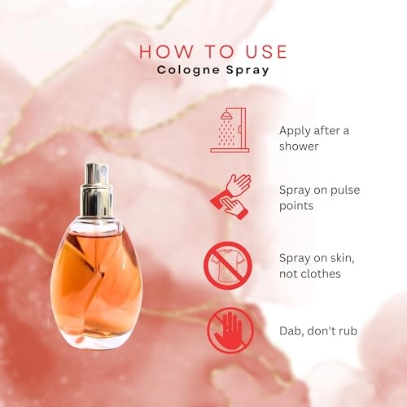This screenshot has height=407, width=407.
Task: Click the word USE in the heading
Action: [266, 51]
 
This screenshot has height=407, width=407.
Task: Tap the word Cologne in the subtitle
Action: [188, 71]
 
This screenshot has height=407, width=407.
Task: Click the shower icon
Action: [230, 130]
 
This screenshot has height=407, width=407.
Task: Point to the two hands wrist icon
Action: [231, 197]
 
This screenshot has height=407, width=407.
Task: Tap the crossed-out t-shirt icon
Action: [228, 265]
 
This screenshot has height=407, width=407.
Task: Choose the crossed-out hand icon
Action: [230, 330]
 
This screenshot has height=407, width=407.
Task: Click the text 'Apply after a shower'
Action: [314, 138]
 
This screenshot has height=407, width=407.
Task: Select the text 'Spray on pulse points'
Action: [319, 198]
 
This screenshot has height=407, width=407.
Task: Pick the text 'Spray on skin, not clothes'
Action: [317, 265]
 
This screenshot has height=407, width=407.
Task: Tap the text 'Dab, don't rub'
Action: [318, 330]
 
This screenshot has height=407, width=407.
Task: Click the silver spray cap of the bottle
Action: [97, 190]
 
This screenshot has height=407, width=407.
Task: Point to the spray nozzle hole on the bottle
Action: [103, 171]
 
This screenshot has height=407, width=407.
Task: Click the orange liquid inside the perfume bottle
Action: [95, 279]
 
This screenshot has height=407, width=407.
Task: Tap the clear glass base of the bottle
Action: [95, 342]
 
